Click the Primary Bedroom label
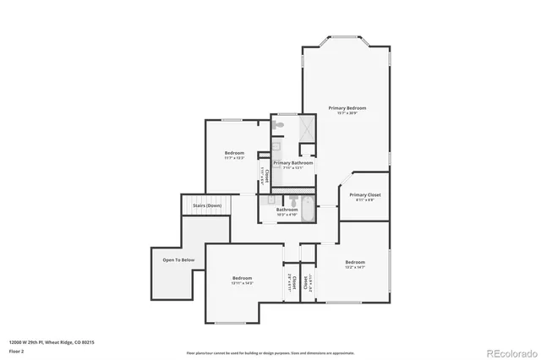click(x=347, y=108)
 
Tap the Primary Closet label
click(x=364, y=195)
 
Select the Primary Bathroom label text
click(x=293, y=162)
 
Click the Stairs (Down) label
click(x=206, y=205)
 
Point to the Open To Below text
click(x=179, y=260)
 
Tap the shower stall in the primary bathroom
click(x=305, y=128)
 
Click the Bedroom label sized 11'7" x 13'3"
click(x=234, y=153)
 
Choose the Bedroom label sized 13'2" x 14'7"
click(x=354, y=262)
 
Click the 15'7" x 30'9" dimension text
click(x=347, y=113)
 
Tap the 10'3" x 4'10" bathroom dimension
click(x=287, y=214)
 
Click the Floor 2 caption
click(x=16, y=350)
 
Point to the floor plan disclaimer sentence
click(x=270, y=352)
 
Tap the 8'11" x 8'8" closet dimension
click(x=364, y=200)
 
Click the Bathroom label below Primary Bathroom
click(x=287, y=209)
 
